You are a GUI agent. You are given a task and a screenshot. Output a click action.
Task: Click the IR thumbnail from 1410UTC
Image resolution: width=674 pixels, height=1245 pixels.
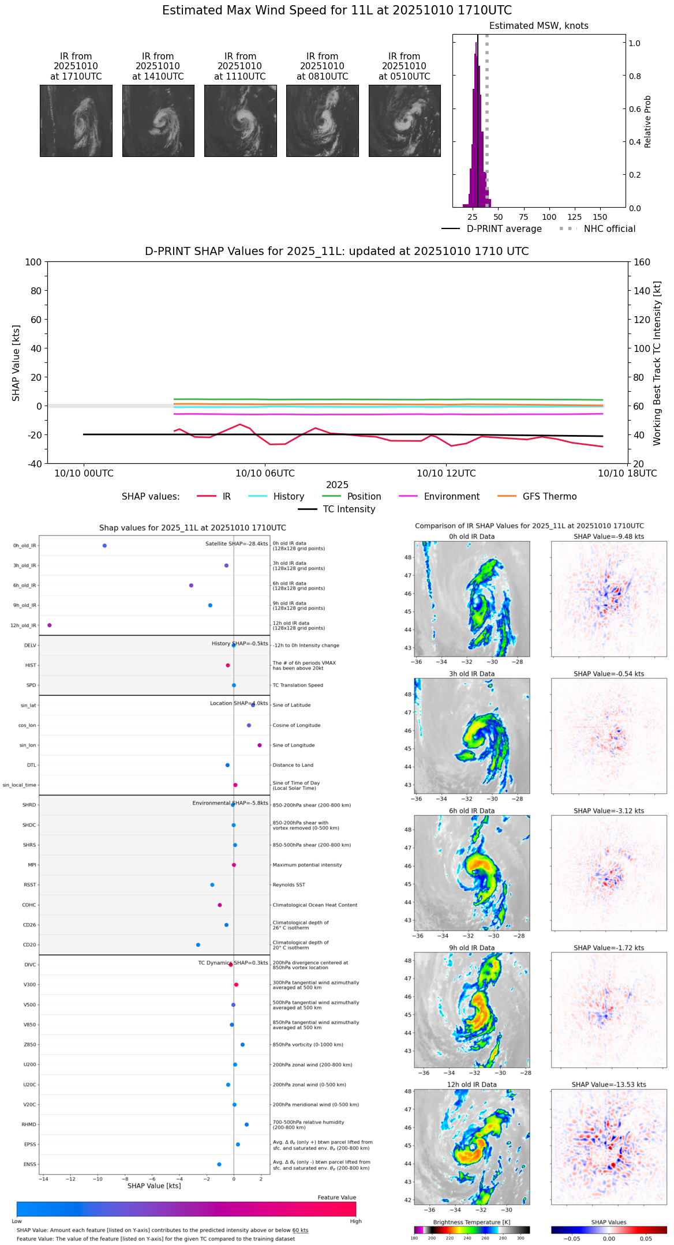[x=158, y=121]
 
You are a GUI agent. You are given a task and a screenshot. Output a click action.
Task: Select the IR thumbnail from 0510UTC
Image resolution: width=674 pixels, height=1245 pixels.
[x=405, y=121]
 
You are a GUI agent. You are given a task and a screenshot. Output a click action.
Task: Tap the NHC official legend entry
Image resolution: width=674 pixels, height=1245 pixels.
[x=609, y=229]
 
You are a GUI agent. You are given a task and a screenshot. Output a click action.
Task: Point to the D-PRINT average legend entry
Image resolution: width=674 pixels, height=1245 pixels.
[x=504, y=229]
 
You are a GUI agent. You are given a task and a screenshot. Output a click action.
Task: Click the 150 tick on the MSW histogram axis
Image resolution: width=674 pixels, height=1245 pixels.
[x=600, y=217]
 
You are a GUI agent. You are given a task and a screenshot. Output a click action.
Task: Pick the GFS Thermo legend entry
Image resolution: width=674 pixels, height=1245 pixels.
[x=549, y=497]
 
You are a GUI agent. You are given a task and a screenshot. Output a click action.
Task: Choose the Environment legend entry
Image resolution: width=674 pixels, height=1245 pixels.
[x=451, y=497]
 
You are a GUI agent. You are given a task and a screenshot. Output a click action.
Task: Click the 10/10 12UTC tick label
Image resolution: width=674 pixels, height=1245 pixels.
[x=446, y=474]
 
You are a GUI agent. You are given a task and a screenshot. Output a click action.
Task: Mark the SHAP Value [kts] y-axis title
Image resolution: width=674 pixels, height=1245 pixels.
[x=16, y=363]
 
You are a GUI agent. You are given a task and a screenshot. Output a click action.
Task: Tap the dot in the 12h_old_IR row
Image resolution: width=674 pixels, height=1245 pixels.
[x=50, y=625]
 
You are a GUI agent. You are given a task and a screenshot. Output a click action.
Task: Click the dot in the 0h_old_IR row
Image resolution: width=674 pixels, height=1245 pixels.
[x=104, y=546]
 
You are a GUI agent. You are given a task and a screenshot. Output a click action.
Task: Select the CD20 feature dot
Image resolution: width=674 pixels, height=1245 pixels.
[x=199, y=945]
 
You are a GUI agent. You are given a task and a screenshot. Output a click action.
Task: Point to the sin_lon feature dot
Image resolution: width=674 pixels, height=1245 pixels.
[x=260, y=745]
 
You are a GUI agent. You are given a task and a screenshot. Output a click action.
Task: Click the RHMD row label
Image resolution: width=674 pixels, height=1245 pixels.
[x=29, y=1124]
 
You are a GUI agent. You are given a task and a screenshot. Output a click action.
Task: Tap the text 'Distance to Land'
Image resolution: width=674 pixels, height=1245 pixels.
[x=294, y=766]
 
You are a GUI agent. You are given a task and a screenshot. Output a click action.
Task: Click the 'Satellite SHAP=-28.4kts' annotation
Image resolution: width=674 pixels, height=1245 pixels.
[x=237, y=544]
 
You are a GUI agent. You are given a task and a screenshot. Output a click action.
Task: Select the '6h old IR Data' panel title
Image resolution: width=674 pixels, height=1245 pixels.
[x=471, y=811]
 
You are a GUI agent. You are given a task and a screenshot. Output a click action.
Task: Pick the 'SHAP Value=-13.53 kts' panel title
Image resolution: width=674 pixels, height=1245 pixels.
[x=609, y=1085]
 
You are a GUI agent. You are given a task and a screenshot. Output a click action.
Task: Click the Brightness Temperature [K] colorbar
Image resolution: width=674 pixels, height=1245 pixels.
[x=471, y=1230]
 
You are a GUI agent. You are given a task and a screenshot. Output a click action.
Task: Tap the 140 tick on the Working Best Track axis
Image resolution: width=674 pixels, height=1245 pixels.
[x=642, y=291]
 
